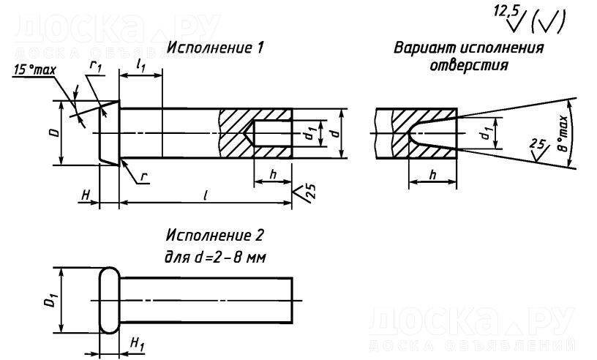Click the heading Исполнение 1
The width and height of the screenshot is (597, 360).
tap(216, 48)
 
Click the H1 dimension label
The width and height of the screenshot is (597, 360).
tap(136, 342)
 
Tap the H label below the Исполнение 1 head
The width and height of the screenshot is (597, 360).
tap(86, 196)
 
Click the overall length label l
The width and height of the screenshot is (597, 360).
tap(208, 196)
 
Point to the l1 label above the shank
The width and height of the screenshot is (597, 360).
tap(142, 67)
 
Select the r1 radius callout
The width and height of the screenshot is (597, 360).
tap(95, 67)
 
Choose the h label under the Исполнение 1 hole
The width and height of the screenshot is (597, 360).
tap(272, 174)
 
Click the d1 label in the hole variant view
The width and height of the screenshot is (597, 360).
tap(484, 134)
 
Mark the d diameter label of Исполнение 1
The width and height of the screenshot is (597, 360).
tap(334, 133)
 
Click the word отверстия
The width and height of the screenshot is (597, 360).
tap(468, 64)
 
